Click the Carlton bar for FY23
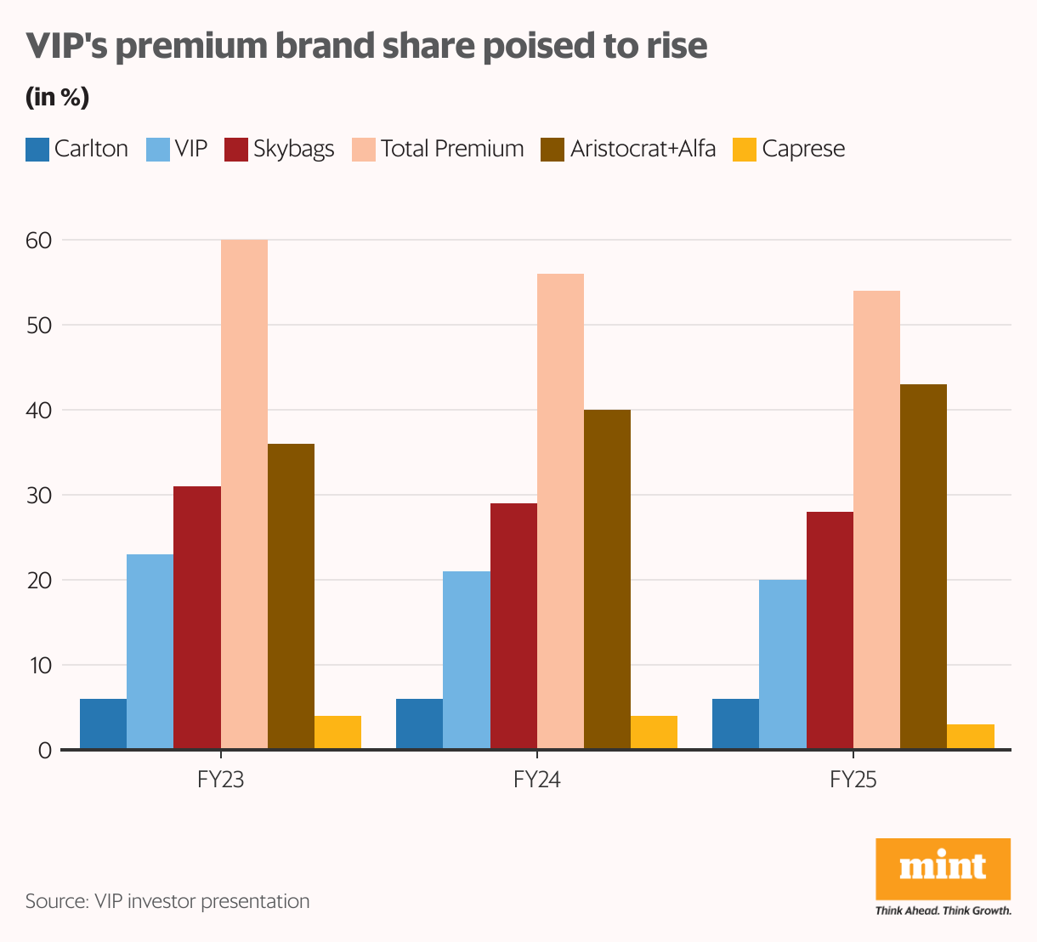point(103,724)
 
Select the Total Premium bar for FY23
point(244,494)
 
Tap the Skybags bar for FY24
point(513,626)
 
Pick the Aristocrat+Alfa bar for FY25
point(923,566)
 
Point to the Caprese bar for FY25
point(971,736)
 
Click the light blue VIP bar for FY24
point(467,660)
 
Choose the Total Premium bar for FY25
point(876,519)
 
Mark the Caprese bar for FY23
point(337,732)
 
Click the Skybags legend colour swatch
point(235,150)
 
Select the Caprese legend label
point(803,149)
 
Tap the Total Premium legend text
point(452,149)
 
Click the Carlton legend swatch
point(37,150)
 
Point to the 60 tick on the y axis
point(39,241)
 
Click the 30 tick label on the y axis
point(39,496)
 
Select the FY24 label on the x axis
point(537,779)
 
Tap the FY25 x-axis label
point(853,779)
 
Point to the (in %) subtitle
point(57,97)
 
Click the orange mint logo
point(943,868)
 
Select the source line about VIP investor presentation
point(167,901)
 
